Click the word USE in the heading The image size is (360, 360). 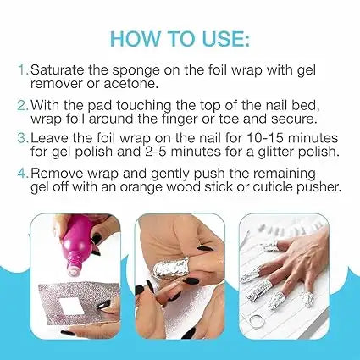[219, 38]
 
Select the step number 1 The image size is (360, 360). [23, 69]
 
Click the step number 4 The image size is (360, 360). [23, 173]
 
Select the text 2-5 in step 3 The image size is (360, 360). [155, 152]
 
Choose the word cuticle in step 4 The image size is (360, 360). [273, 186]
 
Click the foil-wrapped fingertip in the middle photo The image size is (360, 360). [170, 269]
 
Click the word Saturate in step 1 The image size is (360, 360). [57, 69]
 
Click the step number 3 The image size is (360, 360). [23, 138]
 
